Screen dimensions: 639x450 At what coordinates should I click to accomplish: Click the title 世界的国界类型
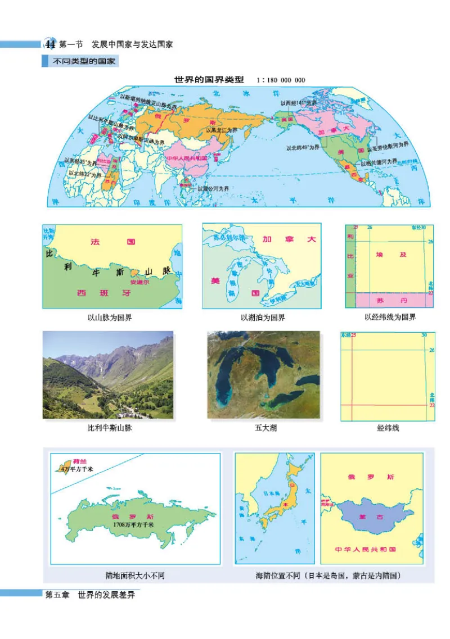[210, 79]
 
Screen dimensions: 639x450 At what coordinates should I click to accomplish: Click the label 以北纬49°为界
[303, 148]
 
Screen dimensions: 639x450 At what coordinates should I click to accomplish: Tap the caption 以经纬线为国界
[390, 318]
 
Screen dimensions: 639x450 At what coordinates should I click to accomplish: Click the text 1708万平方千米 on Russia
[133, 524]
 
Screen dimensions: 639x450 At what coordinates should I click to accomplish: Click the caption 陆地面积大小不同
[135, 576]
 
